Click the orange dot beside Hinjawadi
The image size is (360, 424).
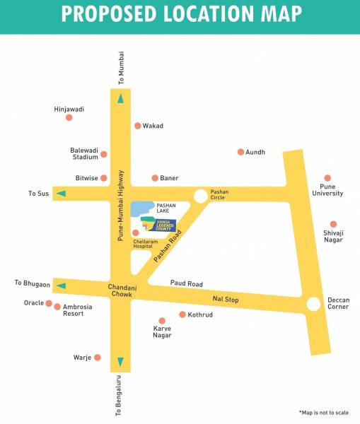pyautogui.click(x=69, y=117)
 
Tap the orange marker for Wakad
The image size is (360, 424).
pyautogui.click(x=138, y=126)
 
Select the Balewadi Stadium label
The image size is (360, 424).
pyautogui.click(x=83, y=155)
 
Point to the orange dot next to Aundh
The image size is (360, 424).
pyautogui.click(x=240, y=152)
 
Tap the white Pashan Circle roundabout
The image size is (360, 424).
pyautogui.click(x=201, y=195)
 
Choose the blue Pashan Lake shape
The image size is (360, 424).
pyautogui.click(x=144, y=208)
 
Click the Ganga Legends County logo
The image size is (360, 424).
pyautogui.click(x=157, y=224)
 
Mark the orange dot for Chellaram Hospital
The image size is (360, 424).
pyautogui.click(x=136, y=232)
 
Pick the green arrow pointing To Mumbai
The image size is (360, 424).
pyautogui.click(x=120, y=99)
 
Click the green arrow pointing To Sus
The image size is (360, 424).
pyautogui.click(x=62, y=194)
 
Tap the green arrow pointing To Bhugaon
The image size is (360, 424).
pyautogui.click(x=62, y=285)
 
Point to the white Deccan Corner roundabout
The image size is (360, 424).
pyautogui.click(x=313, y=304)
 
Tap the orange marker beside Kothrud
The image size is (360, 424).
pyautogui.click(x=182, y=314)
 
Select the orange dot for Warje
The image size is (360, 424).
pyautogui.click(x=98, y=358)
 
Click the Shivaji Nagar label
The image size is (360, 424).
pyautogui.click(x=332, y=236)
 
